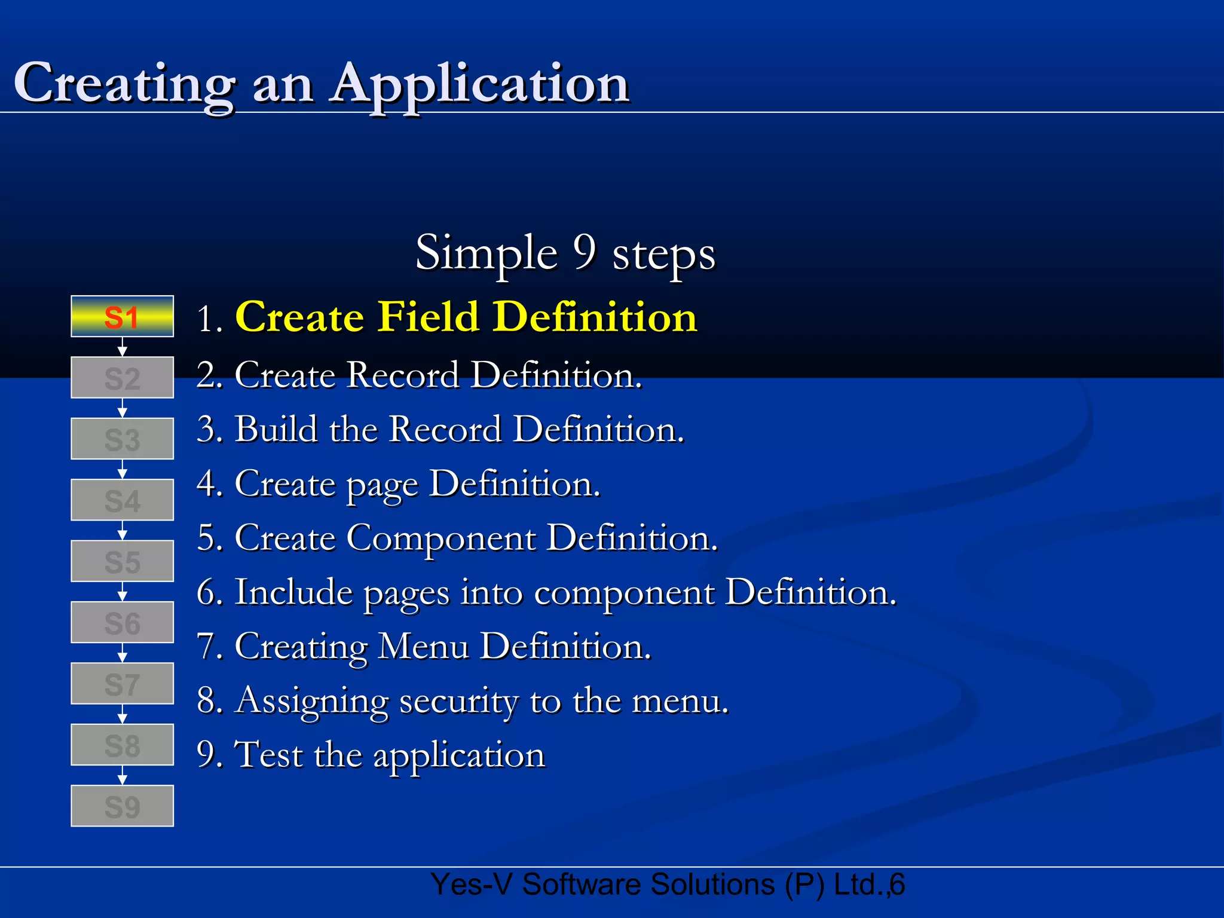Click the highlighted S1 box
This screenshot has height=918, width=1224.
click(122, 317)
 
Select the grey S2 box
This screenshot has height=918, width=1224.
click(122, 378)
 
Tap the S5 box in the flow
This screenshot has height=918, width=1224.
click(122, 561)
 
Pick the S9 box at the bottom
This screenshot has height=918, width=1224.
click(122, 806)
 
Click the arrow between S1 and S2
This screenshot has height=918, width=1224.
click(122, 347)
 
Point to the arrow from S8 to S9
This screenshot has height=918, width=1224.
click(122, 775)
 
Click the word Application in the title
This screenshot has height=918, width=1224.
click(481, 84)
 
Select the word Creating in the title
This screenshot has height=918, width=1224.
click(124, 84)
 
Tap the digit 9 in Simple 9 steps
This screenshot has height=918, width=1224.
click(585, 252)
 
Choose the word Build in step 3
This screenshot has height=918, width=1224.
click(276, 429)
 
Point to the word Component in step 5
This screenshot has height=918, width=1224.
click(441, 538)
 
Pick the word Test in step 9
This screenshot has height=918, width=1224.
click(268, 755)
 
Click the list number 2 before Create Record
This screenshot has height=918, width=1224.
click(206, 375)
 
